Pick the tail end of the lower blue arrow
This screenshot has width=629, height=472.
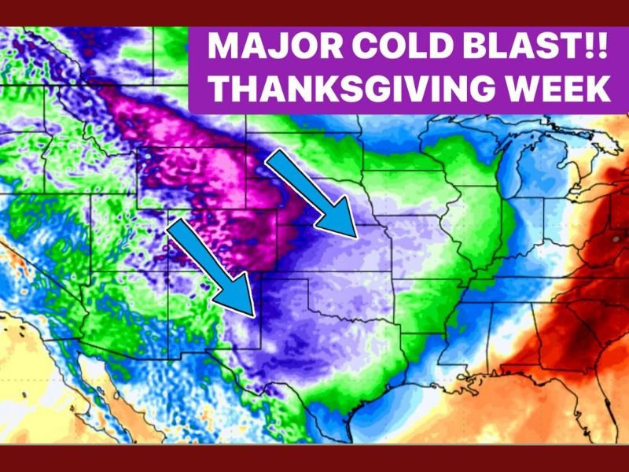tap(177, 228)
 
